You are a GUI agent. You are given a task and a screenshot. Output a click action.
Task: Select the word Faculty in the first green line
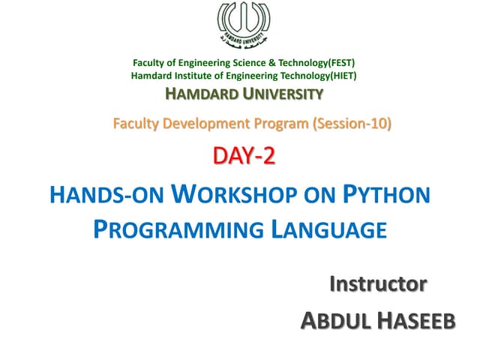(150, 63)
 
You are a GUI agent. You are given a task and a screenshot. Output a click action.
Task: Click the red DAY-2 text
(244, 157)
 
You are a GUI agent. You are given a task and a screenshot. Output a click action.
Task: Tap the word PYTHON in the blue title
(386, 196)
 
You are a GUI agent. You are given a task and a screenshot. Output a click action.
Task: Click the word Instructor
(379, 284)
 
